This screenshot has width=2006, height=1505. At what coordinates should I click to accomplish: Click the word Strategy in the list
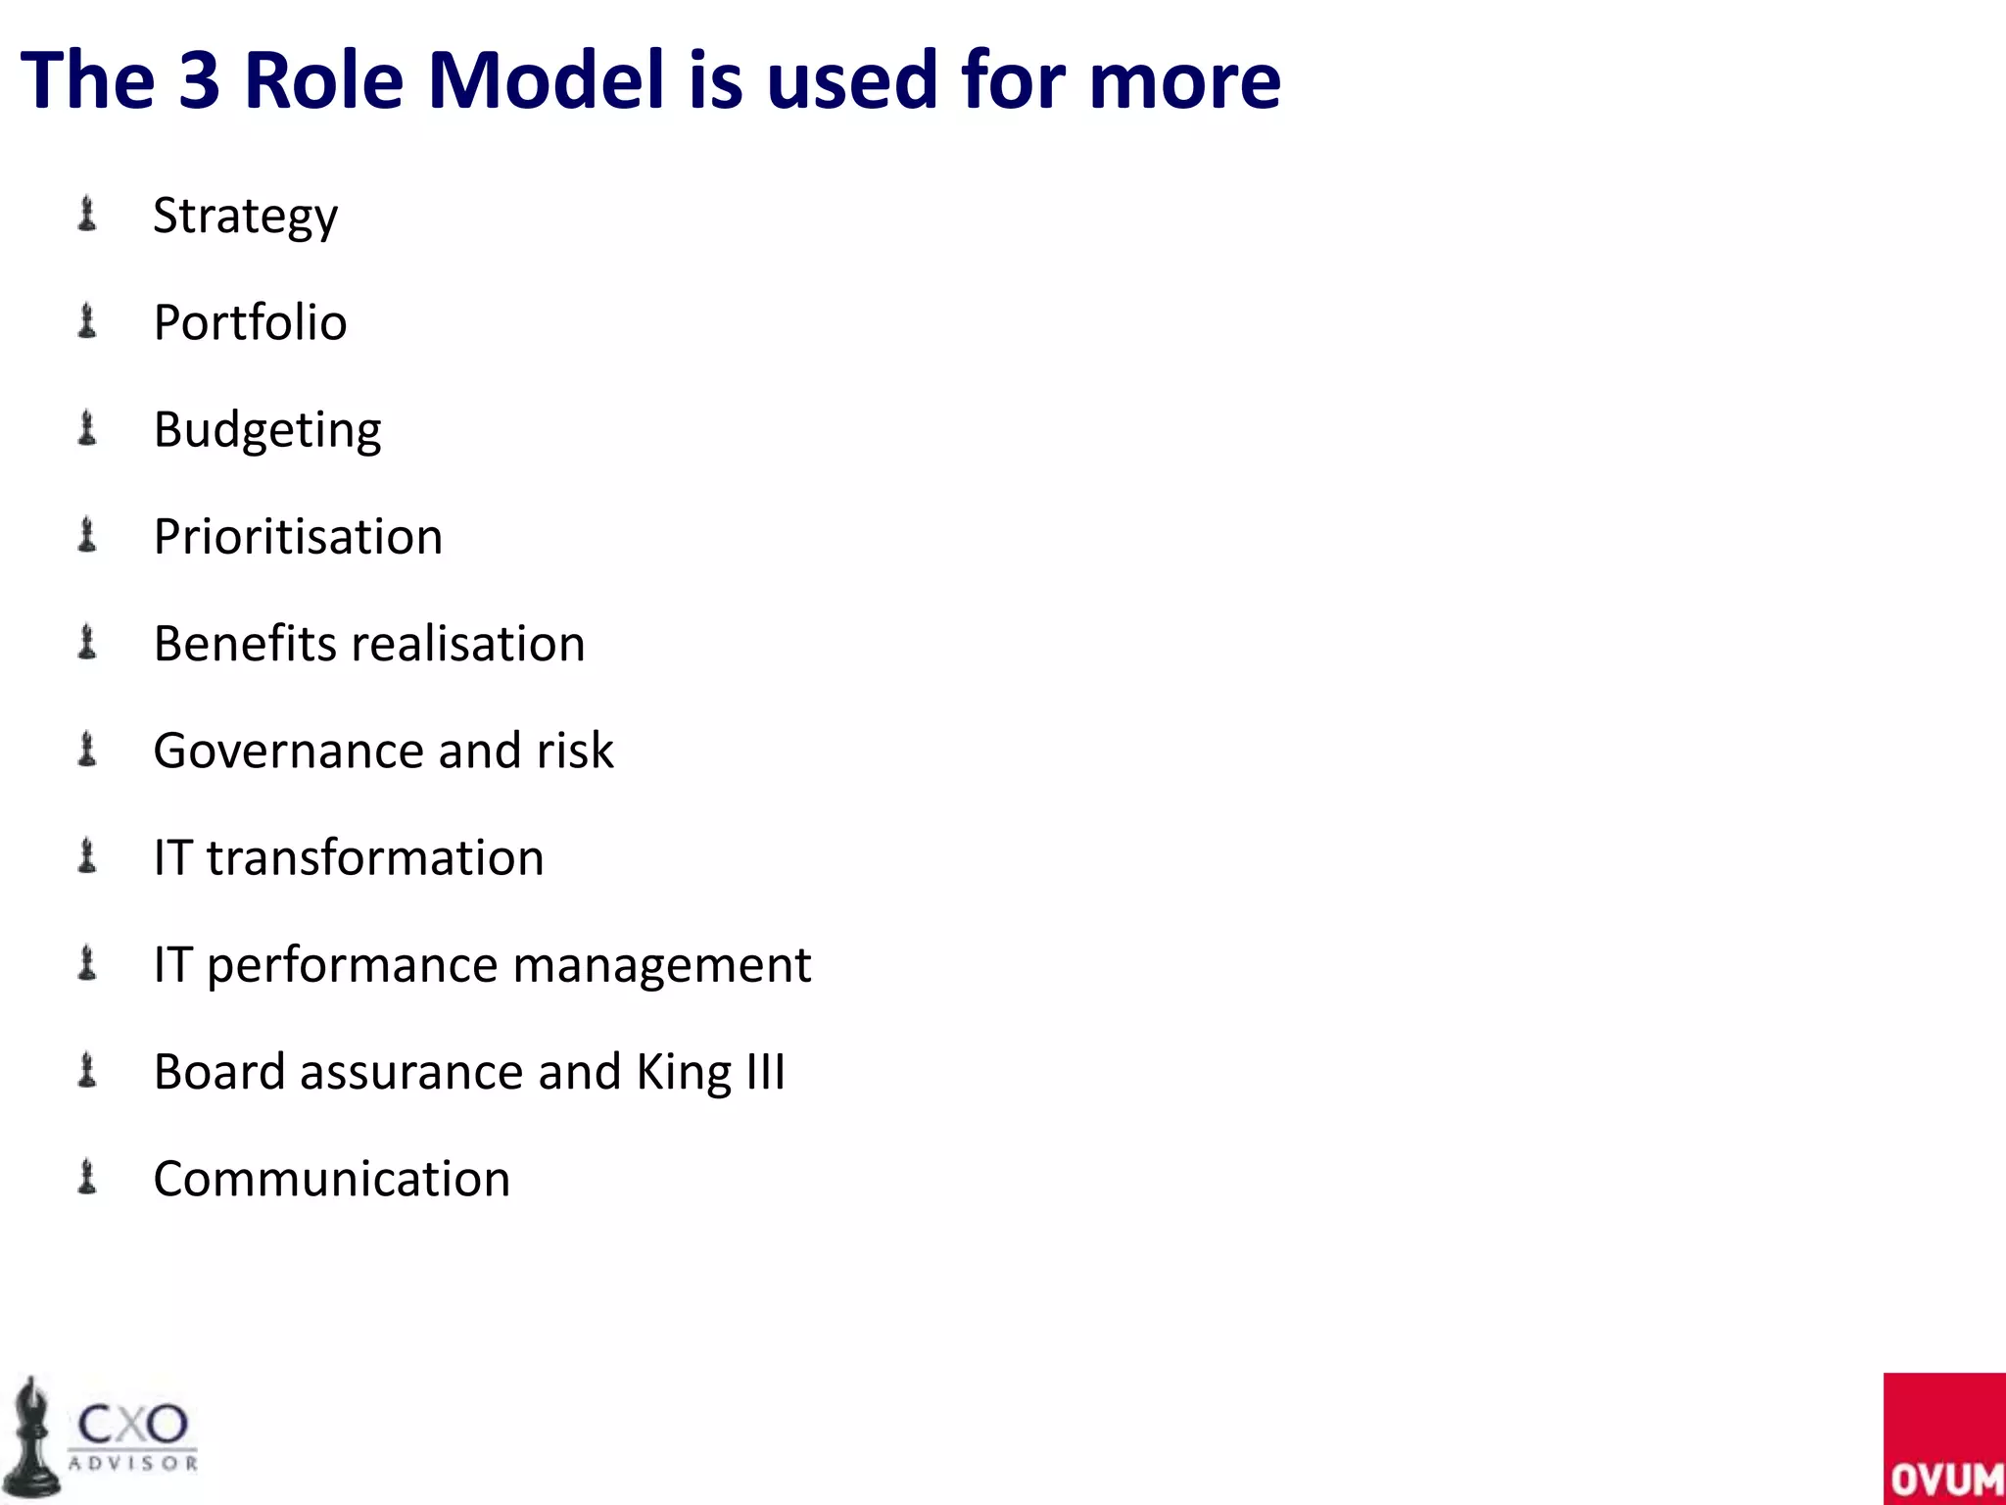pos(245,217)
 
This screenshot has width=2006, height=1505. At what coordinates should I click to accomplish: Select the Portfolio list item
pos(250,322)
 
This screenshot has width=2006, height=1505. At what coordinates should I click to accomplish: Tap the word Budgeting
pos(267,430)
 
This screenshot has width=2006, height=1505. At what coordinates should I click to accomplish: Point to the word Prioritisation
pos(298,537)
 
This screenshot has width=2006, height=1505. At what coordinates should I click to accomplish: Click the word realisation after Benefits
pos(468,644)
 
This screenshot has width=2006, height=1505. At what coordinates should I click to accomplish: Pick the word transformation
pos(375,857)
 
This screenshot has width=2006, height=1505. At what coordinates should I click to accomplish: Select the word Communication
pos(331,1179)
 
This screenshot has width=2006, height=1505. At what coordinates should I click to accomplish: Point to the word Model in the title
pos(547,80)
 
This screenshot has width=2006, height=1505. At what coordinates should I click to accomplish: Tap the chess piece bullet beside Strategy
pos(87,215)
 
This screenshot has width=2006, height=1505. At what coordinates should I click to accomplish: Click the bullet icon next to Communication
pos(87,1177)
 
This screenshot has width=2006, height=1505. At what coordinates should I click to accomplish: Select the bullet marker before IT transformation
pos(87,856)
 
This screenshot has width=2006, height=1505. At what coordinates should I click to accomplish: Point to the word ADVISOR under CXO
pos(133,1464)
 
